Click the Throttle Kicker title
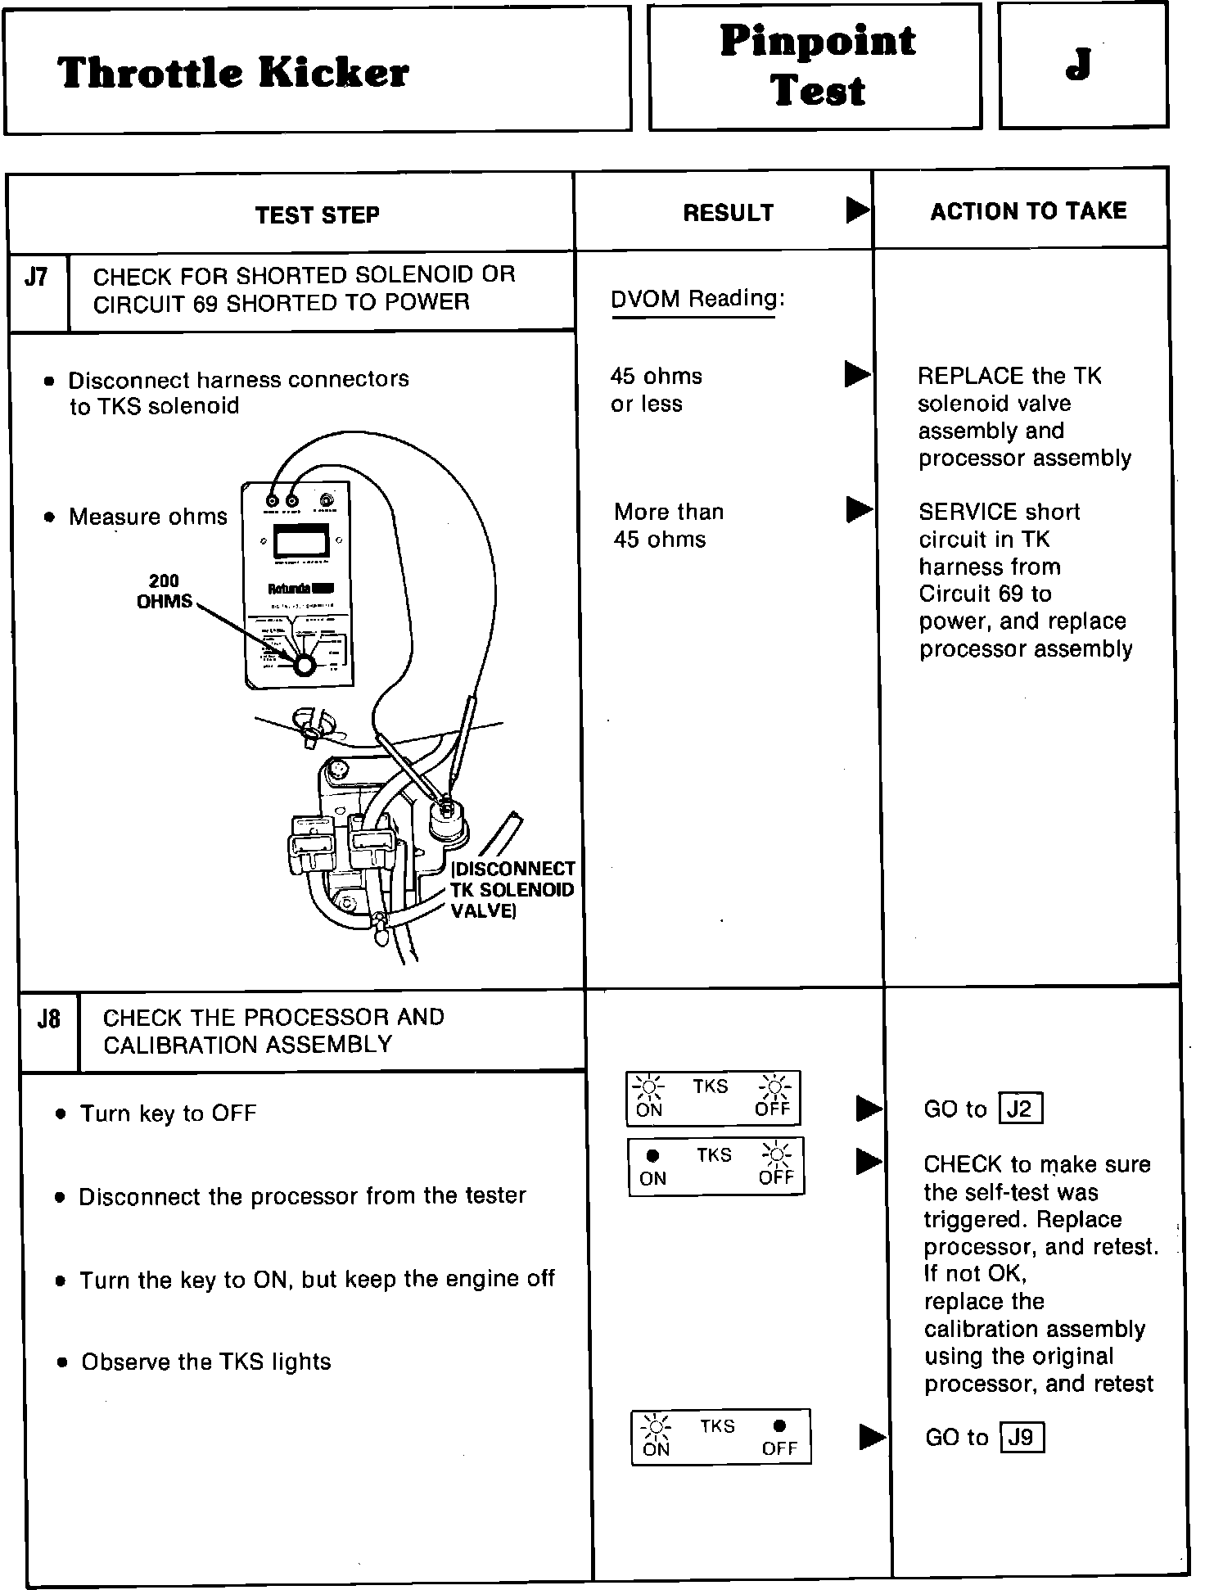[233, 73]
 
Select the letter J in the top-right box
[1079, 65]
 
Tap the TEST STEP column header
[317, 215]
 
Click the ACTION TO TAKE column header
[1028, 211]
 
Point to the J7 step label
[36, 278]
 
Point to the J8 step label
[48, 1019]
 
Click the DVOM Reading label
[697, 299]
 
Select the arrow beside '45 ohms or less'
[857, 375]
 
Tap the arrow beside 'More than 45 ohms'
[859, 509]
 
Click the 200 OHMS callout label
[165, 591]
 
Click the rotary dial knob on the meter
[304, 665]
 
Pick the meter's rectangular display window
[300, 541]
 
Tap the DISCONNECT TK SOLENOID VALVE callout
[512, 890]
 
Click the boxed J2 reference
[1021, 1109]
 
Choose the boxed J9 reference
[1022, 1438]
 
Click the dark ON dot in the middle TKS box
[652, 1156]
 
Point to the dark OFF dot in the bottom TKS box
[779, 1425]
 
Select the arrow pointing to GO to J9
[872, 1437]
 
